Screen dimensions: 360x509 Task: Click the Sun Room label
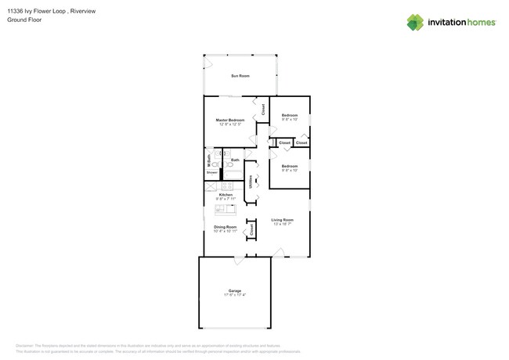tap(240, 76)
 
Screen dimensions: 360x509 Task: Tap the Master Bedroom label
tap(230, 120)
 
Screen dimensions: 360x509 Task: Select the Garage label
tap(234, 290)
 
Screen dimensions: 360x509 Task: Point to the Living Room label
tap(282, 220)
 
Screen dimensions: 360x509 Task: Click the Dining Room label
tap(226, 227)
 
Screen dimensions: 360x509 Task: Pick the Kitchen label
tap(225, 195)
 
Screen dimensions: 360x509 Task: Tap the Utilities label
tap(251, 182)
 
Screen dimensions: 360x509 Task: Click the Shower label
tap(211, 172)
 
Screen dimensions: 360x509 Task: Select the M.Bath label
tap(208, 159)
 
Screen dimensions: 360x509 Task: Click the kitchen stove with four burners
tap(227, 186)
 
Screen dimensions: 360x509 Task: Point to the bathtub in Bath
tap(234, 171)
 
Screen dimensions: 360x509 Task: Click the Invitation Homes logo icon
tap(416, 22)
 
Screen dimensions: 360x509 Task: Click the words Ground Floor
tap(25, 20)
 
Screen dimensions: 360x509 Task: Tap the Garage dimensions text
tap(234, 295)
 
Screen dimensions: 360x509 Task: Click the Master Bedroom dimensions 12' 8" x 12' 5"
tap(230, 124)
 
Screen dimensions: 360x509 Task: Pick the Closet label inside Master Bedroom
tap(263, 110)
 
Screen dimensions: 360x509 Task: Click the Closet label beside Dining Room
tap(251, 230)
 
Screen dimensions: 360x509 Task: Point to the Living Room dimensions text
tap(282, 225)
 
